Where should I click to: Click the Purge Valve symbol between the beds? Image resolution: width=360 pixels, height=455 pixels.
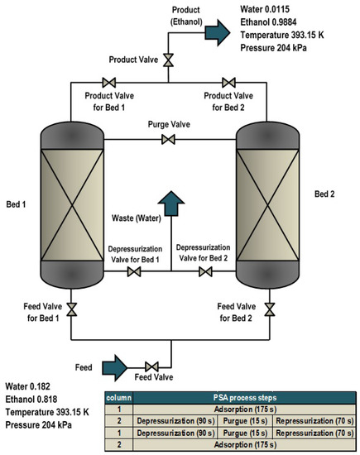pos(169,141)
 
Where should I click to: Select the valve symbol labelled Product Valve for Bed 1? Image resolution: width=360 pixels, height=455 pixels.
pos(107,83)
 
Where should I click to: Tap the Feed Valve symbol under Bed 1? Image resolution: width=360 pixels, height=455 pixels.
pos(71,310)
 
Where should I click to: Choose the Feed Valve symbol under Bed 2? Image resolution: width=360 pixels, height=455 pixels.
pos(269,310)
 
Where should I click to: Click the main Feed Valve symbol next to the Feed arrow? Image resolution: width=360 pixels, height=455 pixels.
pos(152,366)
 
